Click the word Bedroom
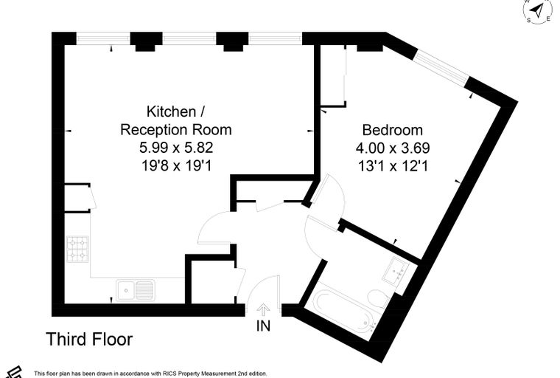click(393, 130)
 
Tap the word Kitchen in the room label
click(171, 111)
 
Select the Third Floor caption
click(89, 339)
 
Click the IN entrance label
click(264, 326)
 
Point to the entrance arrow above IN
click(264, 309)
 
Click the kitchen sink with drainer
click(136, 289)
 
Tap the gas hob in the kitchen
click(78, 249)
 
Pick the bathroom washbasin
click(396, 271)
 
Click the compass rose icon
click(537, 10)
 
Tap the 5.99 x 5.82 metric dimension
click(176, 148)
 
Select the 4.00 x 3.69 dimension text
click(393, 148)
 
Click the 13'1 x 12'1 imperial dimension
click(393, 165)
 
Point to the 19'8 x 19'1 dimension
click(176, 165)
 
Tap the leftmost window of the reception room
click(103, 38)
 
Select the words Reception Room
click(176, 130)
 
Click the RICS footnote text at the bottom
click(150, 374)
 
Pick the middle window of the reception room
click(189, 38)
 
